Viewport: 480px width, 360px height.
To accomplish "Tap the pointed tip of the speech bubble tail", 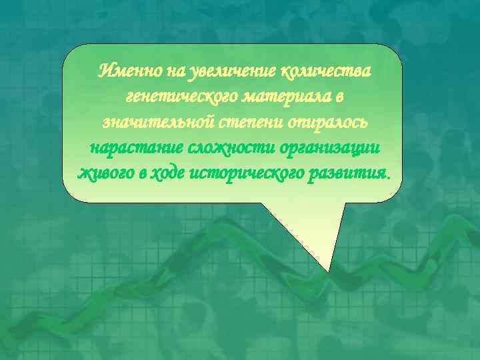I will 328,271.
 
